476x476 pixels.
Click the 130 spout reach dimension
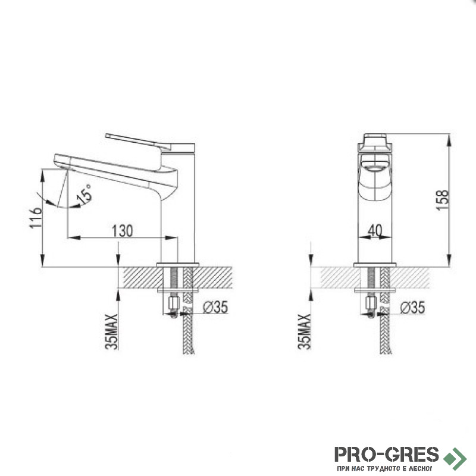123,231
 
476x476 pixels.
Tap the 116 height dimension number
35,218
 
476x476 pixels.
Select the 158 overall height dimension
442,200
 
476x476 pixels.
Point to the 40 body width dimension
375,230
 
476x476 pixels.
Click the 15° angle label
84,194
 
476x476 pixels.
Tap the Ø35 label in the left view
215,307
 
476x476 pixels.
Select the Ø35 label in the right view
412,308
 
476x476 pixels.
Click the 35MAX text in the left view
111,332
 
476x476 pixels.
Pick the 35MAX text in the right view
305,332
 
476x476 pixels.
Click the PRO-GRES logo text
386,455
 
